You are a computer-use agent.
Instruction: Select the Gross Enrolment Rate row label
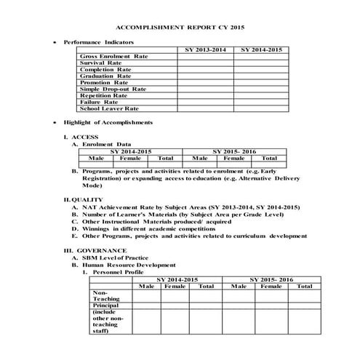113,56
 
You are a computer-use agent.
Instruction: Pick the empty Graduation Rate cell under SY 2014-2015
260,76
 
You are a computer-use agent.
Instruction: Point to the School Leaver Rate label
109,108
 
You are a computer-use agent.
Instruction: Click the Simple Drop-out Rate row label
113,89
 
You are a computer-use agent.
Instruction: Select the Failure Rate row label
99,102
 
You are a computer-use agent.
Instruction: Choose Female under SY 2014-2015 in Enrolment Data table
130,157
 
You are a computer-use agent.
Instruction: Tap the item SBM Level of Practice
116,258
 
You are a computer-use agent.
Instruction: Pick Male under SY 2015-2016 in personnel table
238,286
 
